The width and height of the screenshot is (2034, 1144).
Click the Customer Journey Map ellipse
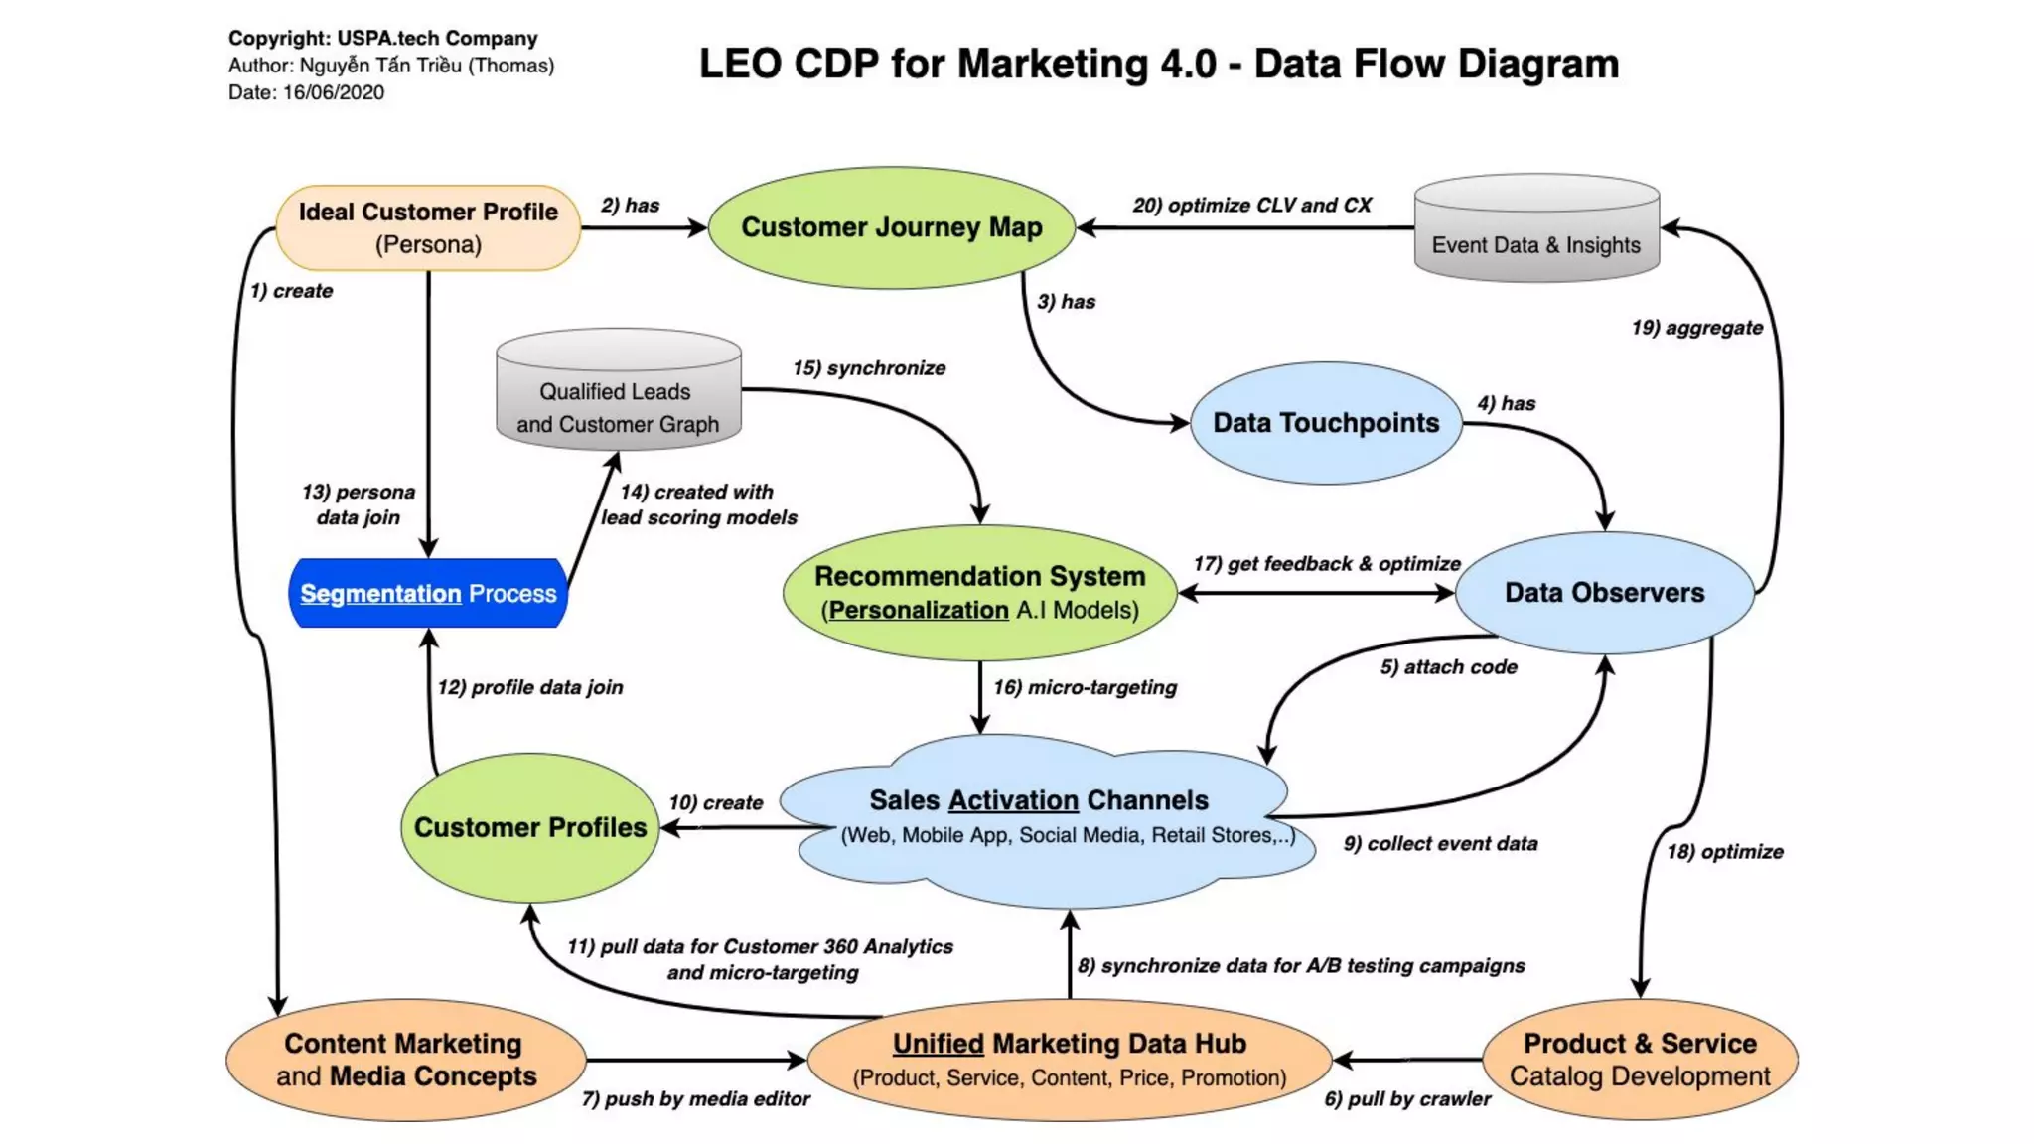click(x=891, y=227)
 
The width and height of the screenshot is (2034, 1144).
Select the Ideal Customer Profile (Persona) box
click(x=428, y=227)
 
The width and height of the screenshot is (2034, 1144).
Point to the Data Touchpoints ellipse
click(x=1325, y=423)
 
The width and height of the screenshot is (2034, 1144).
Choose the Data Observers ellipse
click(x=1604, y=593)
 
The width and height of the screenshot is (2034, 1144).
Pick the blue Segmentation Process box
click(x=428, y=593)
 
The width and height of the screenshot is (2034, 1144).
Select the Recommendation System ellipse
click(x=979, y=593)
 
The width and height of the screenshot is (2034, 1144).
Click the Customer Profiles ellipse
click(x=529, y=827)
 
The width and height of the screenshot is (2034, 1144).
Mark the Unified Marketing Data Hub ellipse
click(x=1069, y=1060)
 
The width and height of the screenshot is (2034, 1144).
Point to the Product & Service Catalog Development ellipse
click(x=1640, y=1060)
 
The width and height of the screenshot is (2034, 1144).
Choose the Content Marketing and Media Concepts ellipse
click(x=405, y=1060)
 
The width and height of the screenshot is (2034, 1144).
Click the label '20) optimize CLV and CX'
click(x=1251, y=206)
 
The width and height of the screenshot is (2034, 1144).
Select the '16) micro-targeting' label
click(x=1085, y=687)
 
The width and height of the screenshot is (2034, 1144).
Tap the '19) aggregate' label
click(x=1696, y=328)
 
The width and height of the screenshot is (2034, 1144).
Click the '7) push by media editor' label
click(x=695, y=1099)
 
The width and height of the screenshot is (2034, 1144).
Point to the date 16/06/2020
click(x=334, y=92)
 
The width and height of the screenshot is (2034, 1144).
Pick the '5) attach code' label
click(x=1448, y=667)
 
